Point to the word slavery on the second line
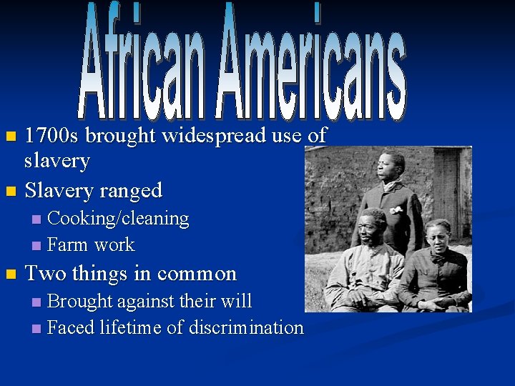[57, 161]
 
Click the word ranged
[131, 191]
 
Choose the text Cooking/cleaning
[118, 219]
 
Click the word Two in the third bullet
[44, 274]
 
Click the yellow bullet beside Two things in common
[9, 274]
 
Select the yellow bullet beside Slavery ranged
[9, 192]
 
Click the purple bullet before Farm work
[37, 246]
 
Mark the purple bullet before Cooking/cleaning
[37, 219]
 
